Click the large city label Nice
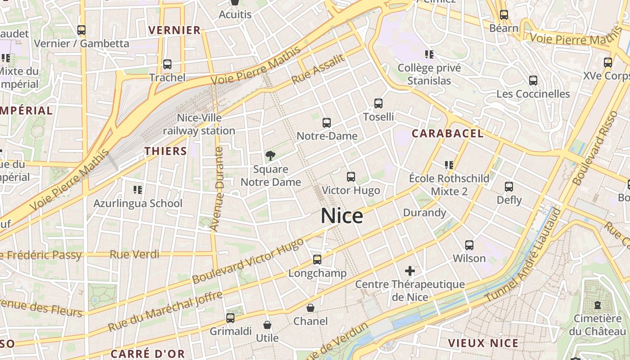pyautogui.click(x=342, y=216)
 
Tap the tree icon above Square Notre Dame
pyautogui.click(x=270, y=156)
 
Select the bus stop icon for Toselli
pyautogui.click(x=378, y=103)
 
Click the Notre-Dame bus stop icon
pyautogui.click(x=327, y=122)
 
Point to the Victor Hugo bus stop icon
pyautogui.click(x=351, y=177)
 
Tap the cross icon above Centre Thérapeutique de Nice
pyautogui.click(x=409, y=271)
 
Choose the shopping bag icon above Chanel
pyautogui.click(x=310, y=308)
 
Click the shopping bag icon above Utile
pyautogui.click(x=267, y=324)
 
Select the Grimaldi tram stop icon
pyautogui.click(x=230, y=318)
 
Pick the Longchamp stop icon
pyautogui.click(x=317, y=260)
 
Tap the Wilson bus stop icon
pyautogui.click(x=469, y=245)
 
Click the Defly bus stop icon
pyautogui.click(x=509, y=186)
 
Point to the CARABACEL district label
pyautogui.click(x=447, y=133)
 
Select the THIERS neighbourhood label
pyautogui.click(x=166, y=151)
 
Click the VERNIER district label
pyautogui.click(x=174, y=30)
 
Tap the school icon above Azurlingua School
pyautogui.click(x=138, y=190)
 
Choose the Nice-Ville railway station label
pyautogui.click(x=199, y=124)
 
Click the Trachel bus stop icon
pyautogui.click(x=167, y=64)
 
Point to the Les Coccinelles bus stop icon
pyautogui.click(x=533, y=81)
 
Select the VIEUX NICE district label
pyautogui.click(x=483, y=343)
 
